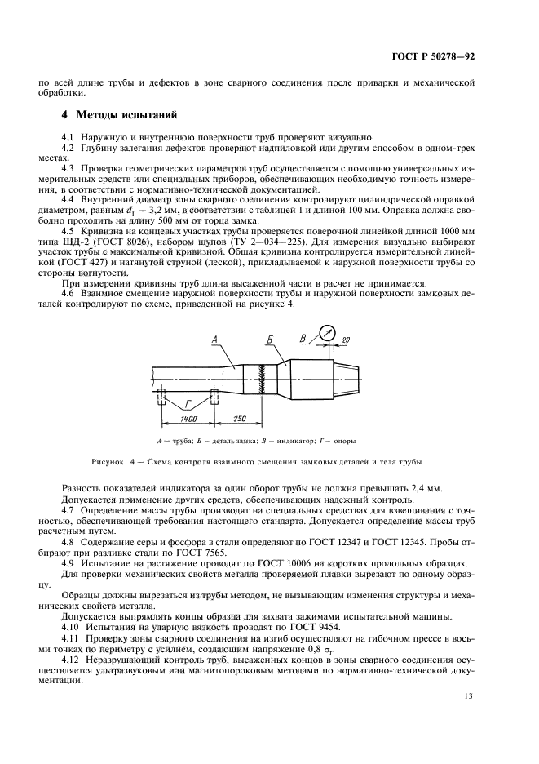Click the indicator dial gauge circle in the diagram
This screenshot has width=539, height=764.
328,333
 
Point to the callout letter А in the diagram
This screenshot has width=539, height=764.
214,338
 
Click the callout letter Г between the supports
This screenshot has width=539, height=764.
189,403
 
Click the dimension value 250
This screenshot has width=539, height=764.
239,419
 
